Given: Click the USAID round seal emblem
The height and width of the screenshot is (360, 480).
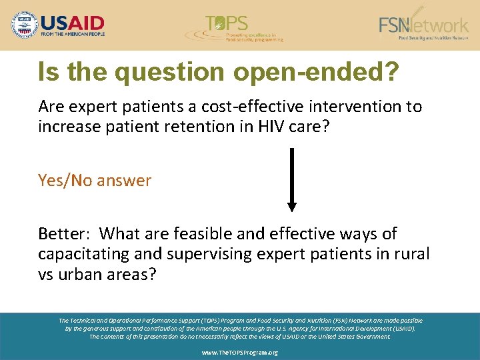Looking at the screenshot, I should coord(25,25).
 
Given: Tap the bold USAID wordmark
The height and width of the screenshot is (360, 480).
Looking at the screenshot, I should coord(72,20).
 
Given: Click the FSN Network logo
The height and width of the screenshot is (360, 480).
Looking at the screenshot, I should coord(423,26).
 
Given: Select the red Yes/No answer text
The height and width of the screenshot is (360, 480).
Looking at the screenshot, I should coord(95,181).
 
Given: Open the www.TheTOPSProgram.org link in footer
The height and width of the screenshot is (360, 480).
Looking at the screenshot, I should coord(239,351).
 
